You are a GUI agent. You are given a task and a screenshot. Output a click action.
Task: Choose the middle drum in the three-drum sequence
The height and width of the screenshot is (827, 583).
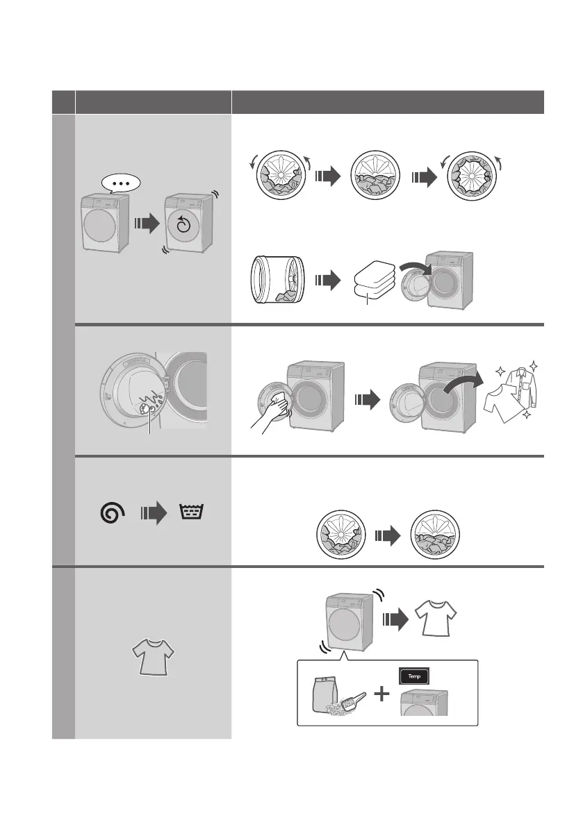375,177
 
